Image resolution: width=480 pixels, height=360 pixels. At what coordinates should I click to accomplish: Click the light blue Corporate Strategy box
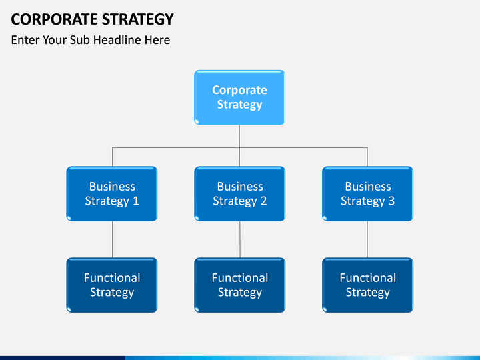pos(240,97)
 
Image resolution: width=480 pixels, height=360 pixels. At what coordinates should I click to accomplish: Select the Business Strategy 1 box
pos(112,194)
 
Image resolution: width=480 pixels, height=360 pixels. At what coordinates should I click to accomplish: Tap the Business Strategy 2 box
pos(240,194)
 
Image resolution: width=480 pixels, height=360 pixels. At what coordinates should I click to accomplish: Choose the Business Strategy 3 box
pos(367,194)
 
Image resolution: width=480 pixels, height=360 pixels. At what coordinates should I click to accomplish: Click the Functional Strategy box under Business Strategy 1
pos(112,285)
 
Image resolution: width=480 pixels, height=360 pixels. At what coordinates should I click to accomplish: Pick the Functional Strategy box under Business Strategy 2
pos(240,285)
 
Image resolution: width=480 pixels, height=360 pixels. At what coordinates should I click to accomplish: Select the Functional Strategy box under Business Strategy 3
pos(367,285)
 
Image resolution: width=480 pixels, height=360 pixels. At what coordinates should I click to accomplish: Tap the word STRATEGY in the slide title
pos(138,19)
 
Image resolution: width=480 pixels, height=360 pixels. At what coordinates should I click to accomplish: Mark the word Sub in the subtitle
pos(80,40)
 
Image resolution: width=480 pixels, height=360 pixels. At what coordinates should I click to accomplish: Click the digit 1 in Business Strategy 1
pos(136,201)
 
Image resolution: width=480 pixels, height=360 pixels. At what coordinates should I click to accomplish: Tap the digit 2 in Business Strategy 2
pos(263,201)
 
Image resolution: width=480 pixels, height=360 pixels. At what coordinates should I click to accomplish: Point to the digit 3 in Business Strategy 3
pos(391,201)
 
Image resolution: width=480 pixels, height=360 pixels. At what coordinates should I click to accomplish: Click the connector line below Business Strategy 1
pos(113,239)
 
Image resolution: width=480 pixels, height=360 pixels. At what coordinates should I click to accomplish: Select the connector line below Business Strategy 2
pos(240,239)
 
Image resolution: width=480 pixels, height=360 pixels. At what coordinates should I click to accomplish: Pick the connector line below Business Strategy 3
pos(367,239)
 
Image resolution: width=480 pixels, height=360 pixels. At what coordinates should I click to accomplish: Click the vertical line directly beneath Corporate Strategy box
pos(239,145)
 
